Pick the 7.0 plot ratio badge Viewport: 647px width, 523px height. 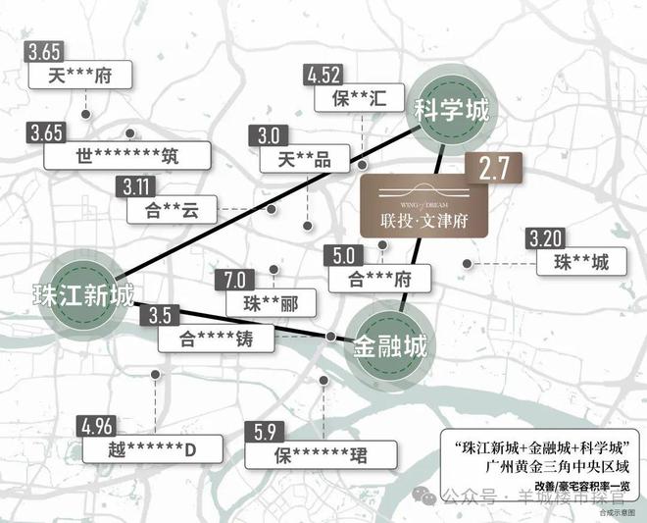coord(239,280)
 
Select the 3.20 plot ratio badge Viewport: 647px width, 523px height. coord(544,238)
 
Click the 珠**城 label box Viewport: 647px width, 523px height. coord(581,262)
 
